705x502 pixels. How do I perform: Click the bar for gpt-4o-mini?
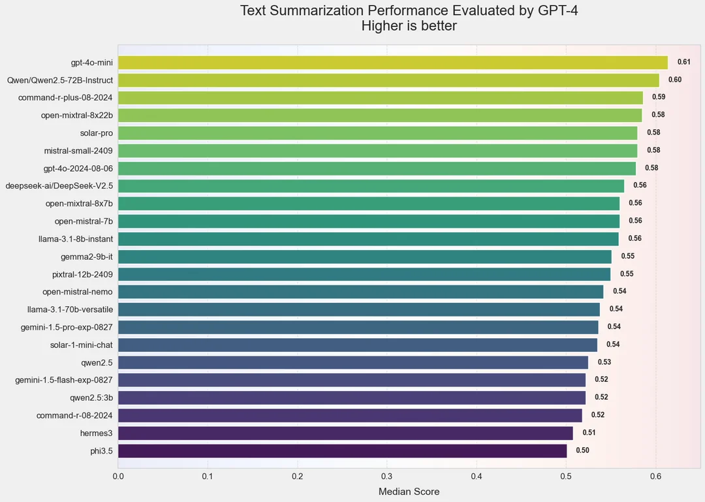(x=392, y=63)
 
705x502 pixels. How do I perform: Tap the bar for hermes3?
(x=345, y=433)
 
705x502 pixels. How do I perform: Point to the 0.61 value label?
(x=683, y=62)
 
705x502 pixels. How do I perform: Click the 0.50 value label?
(x=582, y=450)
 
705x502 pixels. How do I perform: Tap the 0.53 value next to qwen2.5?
(x=604, y=362)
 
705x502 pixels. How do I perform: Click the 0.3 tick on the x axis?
(x=387, y=477)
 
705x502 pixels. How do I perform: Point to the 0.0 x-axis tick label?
(x=118, y=477)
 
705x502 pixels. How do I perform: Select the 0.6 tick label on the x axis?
(x=656, y=477)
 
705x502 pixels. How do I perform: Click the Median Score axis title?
(x=409, y=492)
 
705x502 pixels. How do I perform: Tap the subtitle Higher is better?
(x=409, y=26)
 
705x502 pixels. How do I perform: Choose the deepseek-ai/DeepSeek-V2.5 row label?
(x=59, y=186)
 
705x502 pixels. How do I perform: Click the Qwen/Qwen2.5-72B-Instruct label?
(x=59, y=80)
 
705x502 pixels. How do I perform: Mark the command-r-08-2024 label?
(x=74, y=415)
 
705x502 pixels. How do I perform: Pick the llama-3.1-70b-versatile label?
(x=70, y=309)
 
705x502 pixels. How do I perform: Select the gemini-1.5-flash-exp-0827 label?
(x=64, y=380)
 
